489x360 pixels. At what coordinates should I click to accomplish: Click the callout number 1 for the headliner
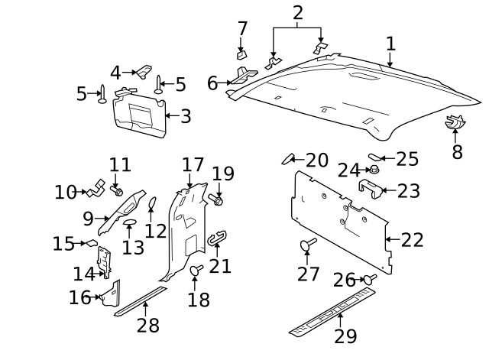[x=390, y=43]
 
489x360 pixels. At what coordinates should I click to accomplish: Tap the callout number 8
[x=457, y=151]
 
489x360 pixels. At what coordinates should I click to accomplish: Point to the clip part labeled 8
[x=455, y=121]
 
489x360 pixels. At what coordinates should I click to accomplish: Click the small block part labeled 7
[x=242, y=54]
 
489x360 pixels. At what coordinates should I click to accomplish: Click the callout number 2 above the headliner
[x=297, y=12]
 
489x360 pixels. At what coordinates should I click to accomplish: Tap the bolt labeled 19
[x=217, y=200]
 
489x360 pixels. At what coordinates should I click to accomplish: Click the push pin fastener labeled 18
[x=196, y=271]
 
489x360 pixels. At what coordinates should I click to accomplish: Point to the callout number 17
[x=193, y=165]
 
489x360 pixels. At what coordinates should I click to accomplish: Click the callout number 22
[x=412, y=240]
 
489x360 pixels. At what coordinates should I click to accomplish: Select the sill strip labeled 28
[x=140, y=300]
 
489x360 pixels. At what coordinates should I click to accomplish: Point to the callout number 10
[x=66, y=192]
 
